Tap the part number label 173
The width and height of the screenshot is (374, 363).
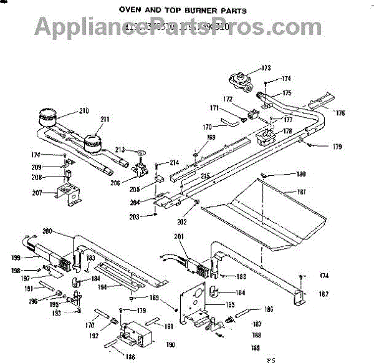[266, 67]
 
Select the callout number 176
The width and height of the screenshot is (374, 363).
[339, 113]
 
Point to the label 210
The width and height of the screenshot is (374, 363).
[84, 112]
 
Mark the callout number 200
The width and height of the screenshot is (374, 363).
[46, 231]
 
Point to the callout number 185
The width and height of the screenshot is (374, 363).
[231, 305]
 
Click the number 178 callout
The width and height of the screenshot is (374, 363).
[287, 132]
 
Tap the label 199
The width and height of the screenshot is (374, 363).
[16, 256]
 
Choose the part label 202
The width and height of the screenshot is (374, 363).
[182, 220]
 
